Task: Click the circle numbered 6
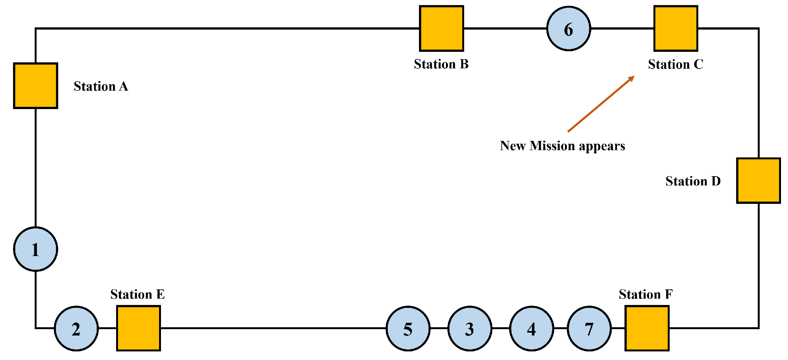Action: tap(568, 29)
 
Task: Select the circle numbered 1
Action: tap(36, 249)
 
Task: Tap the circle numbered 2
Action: tap(76, 329)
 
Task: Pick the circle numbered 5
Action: tap(408, 329)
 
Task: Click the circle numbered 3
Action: tap(470, 329)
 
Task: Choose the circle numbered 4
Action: tap(531, 329)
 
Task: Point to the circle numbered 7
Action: tap(589, 329)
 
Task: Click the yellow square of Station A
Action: tap(36, 86)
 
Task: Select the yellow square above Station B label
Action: tap(441, 28)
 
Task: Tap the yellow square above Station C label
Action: tap(676, 28)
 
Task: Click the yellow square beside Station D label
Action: tap(758, 180)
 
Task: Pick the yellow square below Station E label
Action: tap(138, 328)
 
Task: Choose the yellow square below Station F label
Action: tap(647, 328)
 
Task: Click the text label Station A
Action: tap(101, 86)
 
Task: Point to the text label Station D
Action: tap(693, 181)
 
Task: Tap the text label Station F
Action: tap(645, 294)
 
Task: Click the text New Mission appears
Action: tap(562, 146)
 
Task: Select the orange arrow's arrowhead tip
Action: tap(633, 77)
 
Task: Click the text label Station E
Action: tap(137, 294)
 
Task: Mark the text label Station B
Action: tap(441, 64)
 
